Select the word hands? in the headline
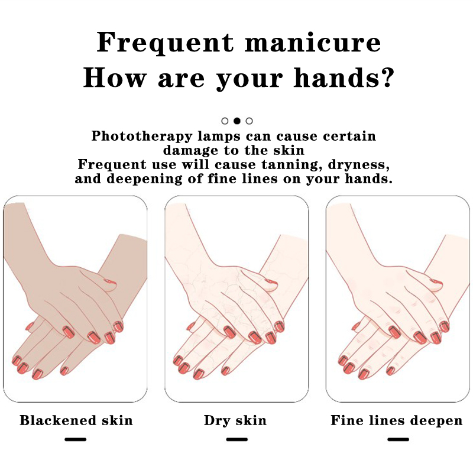tap(344, 78)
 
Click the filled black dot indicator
tap(237, 121)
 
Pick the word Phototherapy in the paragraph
tap(142, 137)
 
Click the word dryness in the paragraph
tap(359, 165)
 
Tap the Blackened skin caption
tap(76, 420)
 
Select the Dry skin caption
tap(235, 420)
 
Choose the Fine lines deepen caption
tap(396, 420)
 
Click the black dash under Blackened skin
tap(76, 439)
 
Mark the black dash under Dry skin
tap(237, 439)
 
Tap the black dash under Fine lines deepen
tap(398, 439)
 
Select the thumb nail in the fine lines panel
tap(436, 283)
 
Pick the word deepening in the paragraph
tap(144, 179)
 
